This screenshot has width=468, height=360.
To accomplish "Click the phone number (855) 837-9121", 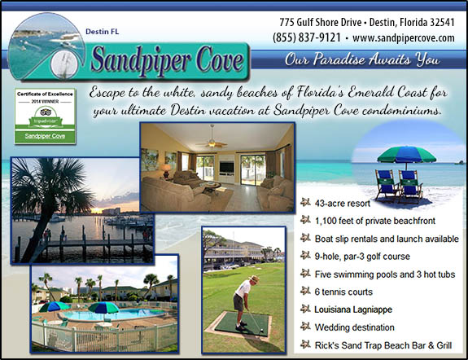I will click(x=308, y=37).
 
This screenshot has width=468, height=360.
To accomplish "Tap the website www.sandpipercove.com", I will click(x=403, y=37).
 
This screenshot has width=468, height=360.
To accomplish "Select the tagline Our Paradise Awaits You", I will click(x=362, y=59).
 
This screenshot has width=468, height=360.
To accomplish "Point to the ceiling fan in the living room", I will click(x=217, y=141).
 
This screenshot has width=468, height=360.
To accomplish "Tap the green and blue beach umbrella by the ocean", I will click(x=407, y=154).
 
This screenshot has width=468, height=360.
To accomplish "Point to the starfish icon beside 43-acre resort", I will click(x=304, y=201).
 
